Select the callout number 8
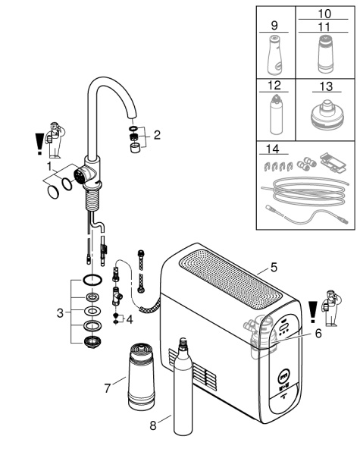pyautogui.click(x=155, y=426)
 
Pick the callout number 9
pyautogui.click(x=274, y=25)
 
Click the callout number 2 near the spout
pyautogui.click(x=157, y=136)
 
